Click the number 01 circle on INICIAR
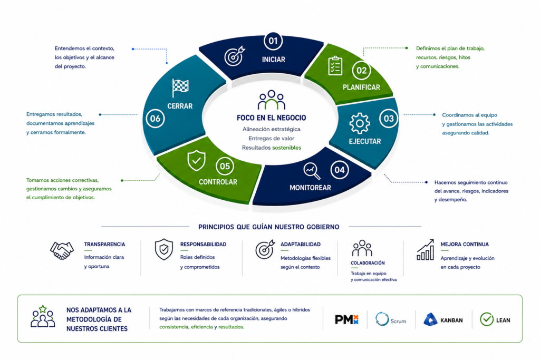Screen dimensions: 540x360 point(273,41)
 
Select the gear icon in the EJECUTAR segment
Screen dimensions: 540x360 point(360,123)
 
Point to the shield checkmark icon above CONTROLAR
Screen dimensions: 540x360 point(196,160)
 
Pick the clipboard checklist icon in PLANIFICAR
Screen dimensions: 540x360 point(335,66)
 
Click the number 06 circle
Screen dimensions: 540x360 point(155,119)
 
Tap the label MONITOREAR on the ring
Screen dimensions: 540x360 point(310,188)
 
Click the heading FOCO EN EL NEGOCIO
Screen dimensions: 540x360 point(272,118)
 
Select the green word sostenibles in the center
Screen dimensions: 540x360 point(286,148)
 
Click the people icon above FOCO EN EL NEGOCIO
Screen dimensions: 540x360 point(272,100)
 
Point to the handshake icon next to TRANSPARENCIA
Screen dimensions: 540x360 point(62,250)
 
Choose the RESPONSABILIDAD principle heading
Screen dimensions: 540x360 point(203,245)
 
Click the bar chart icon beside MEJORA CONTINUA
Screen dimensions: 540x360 point(426,250)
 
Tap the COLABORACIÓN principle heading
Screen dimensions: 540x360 point(368,263)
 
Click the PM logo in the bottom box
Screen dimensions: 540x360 point(347,320)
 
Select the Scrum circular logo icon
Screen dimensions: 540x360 point(382,319)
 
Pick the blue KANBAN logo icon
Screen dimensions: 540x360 point(430,319)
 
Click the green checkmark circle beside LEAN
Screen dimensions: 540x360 point(487,319)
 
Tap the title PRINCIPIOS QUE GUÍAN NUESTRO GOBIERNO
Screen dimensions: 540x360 point(268,227)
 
